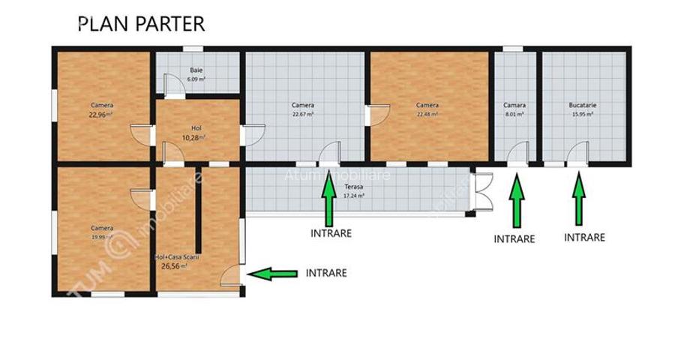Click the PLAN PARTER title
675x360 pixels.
[141, 23]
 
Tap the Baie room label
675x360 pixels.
[196, 70]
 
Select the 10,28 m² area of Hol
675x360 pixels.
[193, 137]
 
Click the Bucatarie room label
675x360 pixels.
[582, 106]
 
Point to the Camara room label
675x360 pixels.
[514, 106]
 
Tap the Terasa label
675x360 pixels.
[354, 187]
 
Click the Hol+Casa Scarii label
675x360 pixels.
[177, 257]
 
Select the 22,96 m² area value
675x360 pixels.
[100, 115]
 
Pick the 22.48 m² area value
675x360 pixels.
[427, 115]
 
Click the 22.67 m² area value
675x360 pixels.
[303, 115]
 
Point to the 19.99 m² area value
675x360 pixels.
[102, 236]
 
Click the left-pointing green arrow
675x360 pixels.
[271, 274]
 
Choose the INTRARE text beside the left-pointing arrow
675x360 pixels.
[326, 273]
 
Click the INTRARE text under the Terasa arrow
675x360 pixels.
[331, 233]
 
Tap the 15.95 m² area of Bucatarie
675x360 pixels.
[582, 115]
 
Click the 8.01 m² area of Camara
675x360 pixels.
[514, 115]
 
